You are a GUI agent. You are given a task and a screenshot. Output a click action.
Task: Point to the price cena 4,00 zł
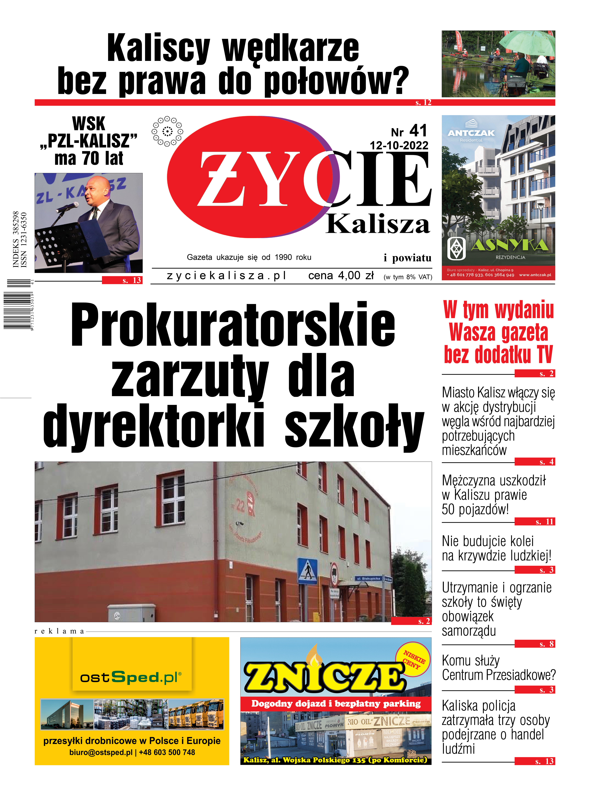point(341,276)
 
